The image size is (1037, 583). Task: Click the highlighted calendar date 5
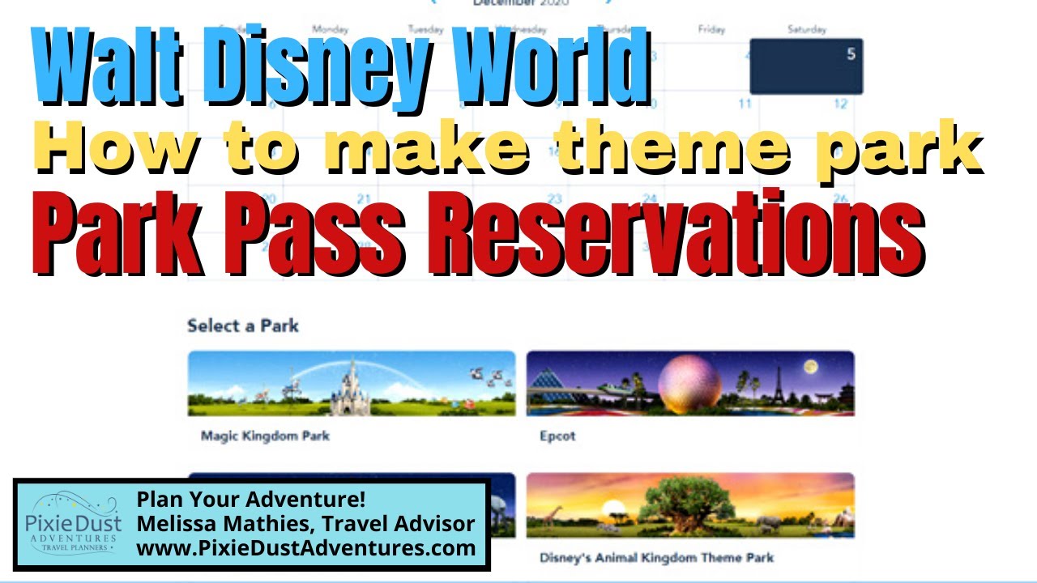tap(806, 66)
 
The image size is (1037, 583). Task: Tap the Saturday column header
tap(806, 30)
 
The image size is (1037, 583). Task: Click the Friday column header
tap(711, 30)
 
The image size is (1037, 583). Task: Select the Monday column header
tap(330, 30)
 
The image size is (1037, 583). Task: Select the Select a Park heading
tap(243, 326)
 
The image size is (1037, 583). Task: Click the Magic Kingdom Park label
tap(265, 436)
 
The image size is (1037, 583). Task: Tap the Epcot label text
tap(557, 436)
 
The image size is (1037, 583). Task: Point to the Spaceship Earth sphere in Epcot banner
tap(689, 382)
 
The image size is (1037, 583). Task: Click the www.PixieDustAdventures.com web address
tap(305, 548)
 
